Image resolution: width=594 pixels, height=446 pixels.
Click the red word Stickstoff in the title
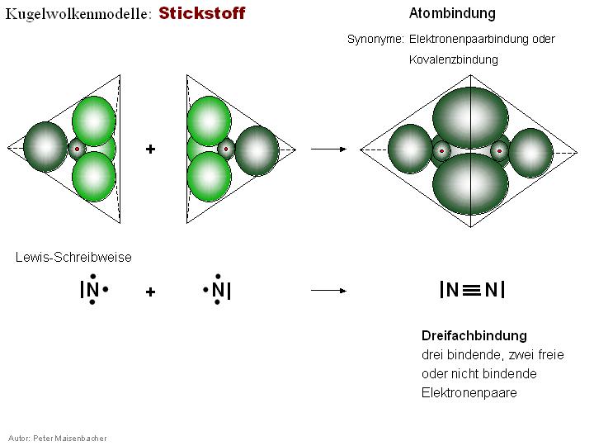[202, 14]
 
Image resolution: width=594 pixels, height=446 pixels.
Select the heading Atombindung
[452, 14]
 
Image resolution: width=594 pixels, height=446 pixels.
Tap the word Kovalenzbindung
[454, 60]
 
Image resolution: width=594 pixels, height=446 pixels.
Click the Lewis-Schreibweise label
[73, 257]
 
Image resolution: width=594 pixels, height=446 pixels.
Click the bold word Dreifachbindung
[474, 335]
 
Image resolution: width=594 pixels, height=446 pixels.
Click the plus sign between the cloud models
[151, 149]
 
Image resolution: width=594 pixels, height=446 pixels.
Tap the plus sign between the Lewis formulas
[151, 292]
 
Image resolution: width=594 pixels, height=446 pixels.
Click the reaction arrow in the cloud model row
[328, 149]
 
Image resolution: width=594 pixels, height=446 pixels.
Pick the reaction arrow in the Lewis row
[328, 291]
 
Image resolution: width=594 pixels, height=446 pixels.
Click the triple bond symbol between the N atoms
[471, 290]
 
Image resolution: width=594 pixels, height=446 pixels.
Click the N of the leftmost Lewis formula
[92, 291]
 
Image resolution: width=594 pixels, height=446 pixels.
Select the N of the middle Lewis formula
[217, 291]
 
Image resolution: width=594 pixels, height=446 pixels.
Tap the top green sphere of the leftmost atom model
[93, 120]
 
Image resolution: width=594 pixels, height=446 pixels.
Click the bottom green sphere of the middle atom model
[209, 175]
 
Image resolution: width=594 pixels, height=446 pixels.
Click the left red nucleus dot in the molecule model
[442, 151]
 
